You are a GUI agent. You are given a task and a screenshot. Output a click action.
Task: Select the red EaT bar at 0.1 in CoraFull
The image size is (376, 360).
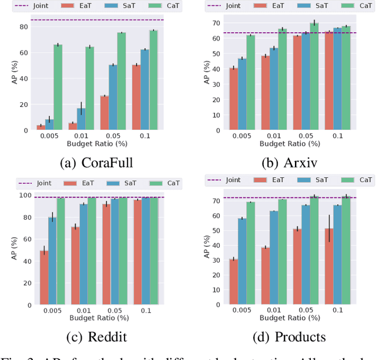(136, 97)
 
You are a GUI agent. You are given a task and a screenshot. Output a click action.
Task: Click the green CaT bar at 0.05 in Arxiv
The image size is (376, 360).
(314, 76)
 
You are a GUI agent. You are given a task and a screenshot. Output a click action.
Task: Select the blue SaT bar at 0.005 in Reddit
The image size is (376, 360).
(52, 261)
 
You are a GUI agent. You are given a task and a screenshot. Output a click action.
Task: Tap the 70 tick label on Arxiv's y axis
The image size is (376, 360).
(216, 23)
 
